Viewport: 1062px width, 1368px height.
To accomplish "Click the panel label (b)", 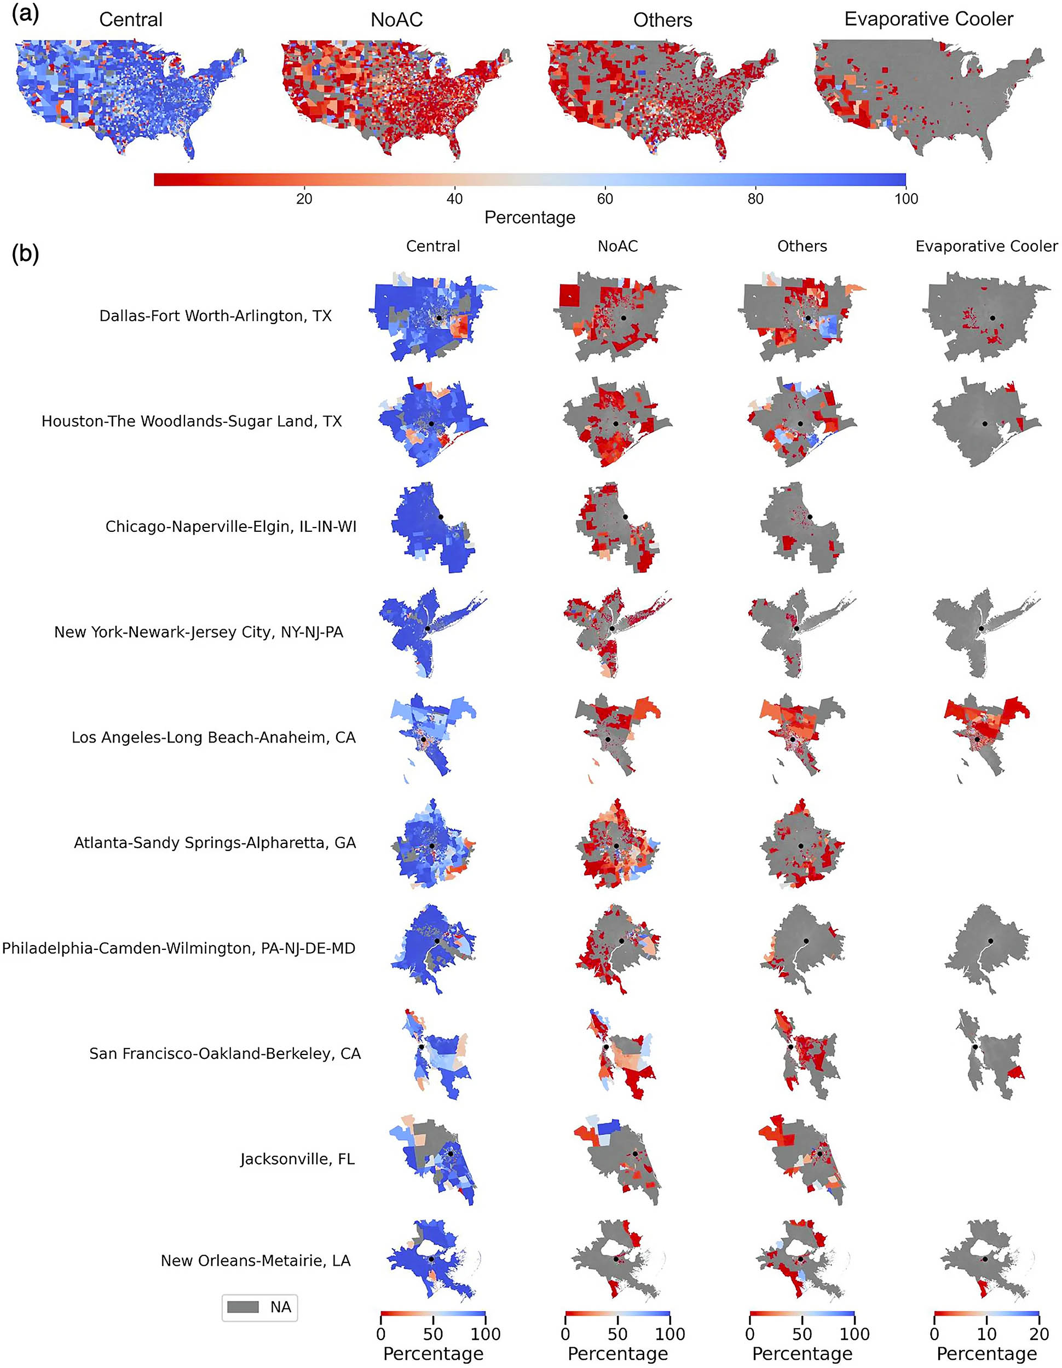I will click(x=25, y=254).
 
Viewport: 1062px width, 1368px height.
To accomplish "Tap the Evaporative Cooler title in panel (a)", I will click(x=928, y=19).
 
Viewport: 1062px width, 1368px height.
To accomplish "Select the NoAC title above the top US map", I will click(x=396, y=20).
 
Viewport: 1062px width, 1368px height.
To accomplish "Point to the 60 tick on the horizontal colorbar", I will click(x=604, y=199).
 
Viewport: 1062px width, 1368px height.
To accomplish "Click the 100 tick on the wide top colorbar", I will click(x=906, y=199).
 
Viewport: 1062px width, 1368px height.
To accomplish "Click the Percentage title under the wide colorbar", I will click(x=529, y=217).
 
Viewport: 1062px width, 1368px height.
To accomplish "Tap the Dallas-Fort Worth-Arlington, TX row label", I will click(x=216, y=316).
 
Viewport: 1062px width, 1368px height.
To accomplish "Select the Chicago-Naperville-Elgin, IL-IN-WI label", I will click(x=230, y=526).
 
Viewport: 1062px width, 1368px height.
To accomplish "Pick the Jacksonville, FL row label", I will click(x=297, y=1159).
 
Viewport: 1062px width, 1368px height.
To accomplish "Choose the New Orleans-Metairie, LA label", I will click(x=256, y=1260).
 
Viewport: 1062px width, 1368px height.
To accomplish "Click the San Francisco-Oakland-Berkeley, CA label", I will click(x=225, y=1053).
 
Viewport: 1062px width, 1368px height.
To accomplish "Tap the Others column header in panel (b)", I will click(x=802, y=246).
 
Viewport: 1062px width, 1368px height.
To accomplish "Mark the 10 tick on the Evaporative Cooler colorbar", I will click(x=987, y=1334).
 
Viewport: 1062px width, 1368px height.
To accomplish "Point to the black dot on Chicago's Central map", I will click(x=441, y=517).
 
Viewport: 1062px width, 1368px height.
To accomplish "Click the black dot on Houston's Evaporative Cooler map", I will click(x=985, y=424).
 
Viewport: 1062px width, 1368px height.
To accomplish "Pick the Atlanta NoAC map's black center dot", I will click(x=616, y=846).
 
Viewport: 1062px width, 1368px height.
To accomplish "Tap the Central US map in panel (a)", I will click(x=130, y=97).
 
